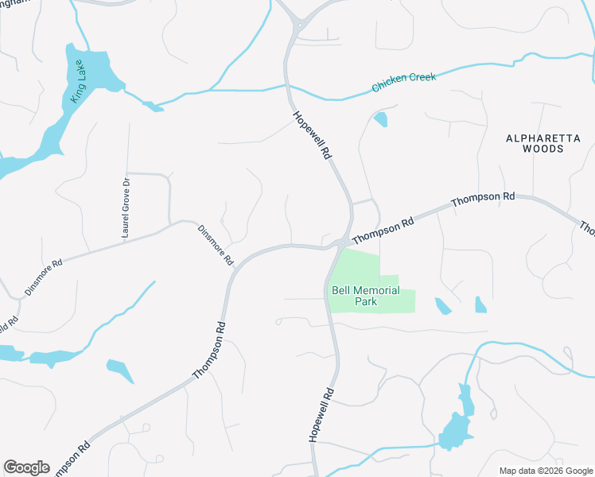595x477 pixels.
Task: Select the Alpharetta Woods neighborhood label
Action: click(543, 143)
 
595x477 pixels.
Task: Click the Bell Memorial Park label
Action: click(365, 297)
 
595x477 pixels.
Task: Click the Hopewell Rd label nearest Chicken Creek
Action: click(311, 136)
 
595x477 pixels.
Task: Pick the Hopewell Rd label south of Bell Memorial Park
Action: click(320, 415)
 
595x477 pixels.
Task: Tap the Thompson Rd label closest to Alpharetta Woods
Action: click(483, 199)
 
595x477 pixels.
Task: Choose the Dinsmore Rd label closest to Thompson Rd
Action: click(216, 244)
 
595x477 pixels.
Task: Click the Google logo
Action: click(26, 467)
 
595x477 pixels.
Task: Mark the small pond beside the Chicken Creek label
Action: click(380, 119)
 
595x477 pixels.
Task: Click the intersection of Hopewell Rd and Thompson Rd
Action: click(342, 242)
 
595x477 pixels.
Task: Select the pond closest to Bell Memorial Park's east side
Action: click(442, 305)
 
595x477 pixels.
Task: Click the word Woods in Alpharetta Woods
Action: click(543, 148)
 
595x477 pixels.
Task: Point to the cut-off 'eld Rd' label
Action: click(10, 326)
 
